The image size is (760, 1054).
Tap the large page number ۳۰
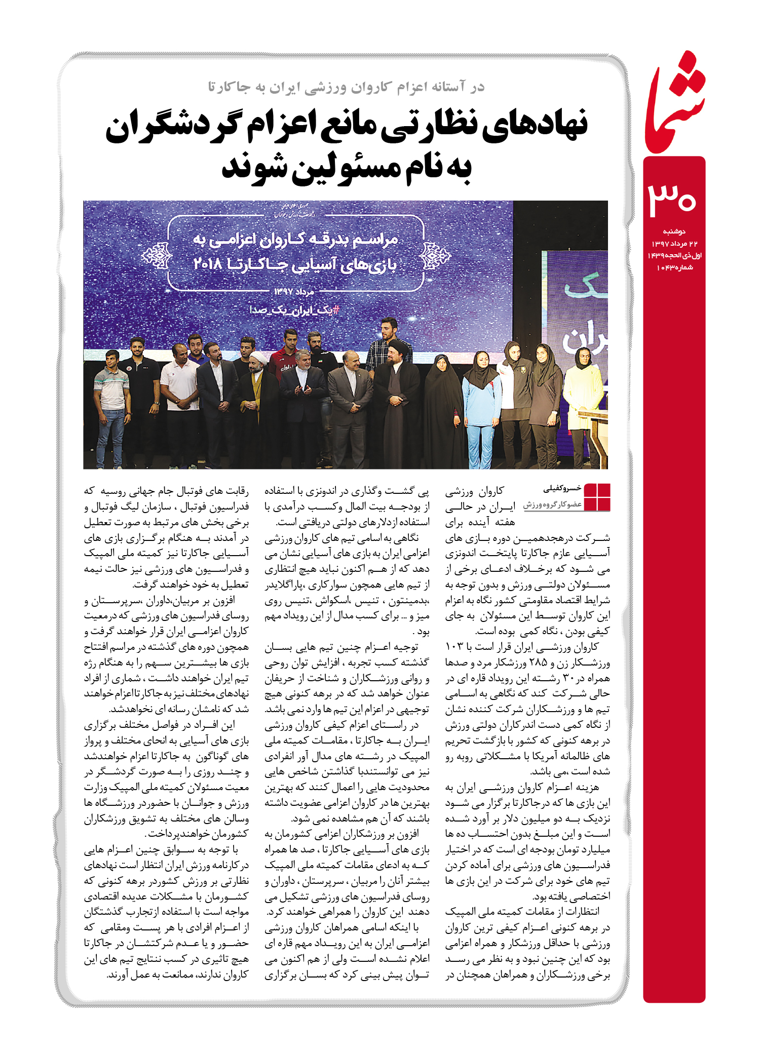[x=672, y=198]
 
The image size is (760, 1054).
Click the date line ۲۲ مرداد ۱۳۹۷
[x=674, y=244]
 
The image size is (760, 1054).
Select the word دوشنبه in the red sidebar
[x=674, y=231]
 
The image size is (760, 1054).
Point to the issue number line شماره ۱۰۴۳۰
[x=674, y=267]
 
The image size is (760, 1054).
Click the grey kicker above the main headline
[x=346, y=87]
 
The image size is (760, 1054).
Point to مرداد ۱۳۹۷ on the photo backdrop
[x=294, y=292]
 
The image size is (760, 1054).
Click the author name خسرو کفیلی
[x=562, y=489]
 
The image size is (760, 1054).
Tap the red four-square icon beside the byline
[x=597, y=497]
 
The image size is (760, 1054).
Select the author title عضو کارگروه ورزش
[x=552, y=505]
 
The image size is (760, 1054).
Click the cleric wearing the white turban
[x=257, y=395]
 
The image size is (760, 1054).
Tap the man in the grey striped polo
[x=112, y=400]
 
